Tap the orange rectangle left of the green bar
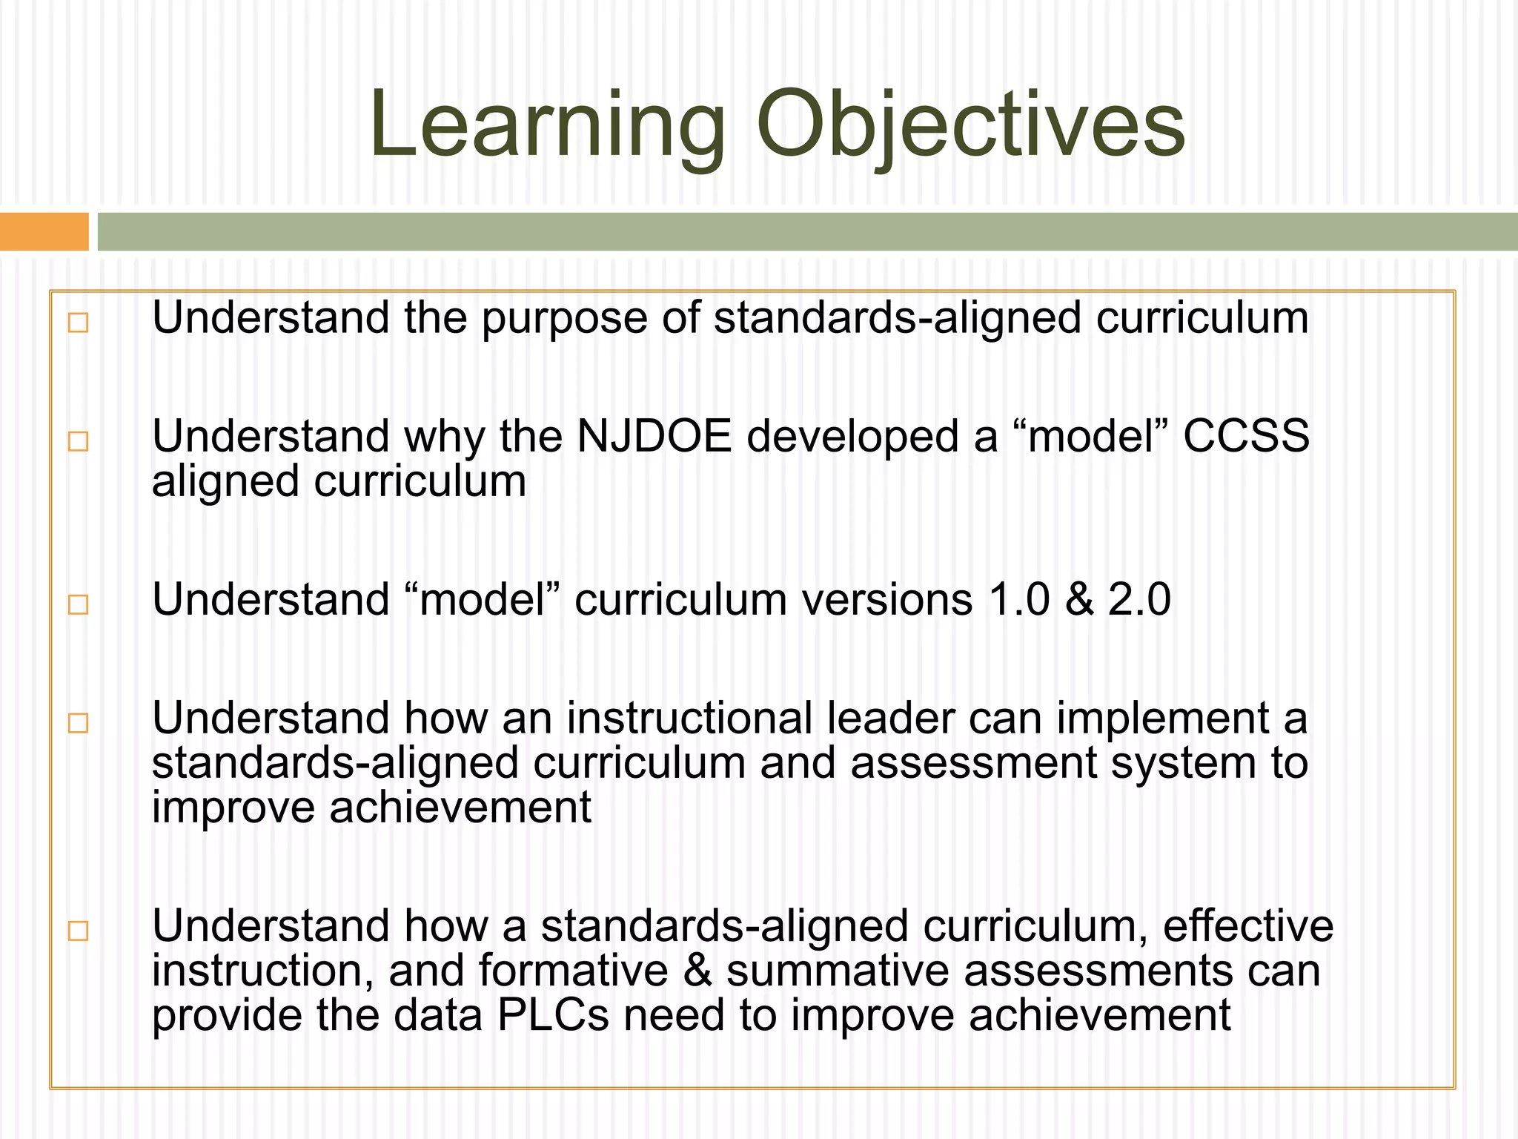click(44, 231)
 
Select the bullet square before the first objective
click(78, 323)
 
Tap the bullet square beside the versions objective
click(78, 604)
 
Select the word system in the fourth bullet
click(1183, 764)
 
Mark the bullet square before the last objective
click(78, 931)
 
